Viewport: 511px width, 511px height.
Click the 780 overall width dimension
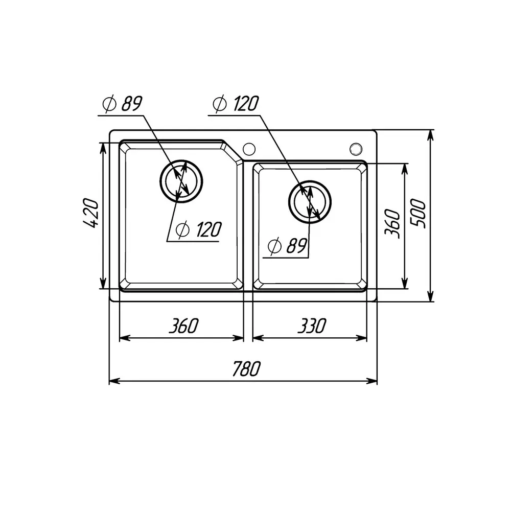point(247,368)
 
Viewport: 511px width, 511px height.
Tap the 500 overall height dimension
point(418,214)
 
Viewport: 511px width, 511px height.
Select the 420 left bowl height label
point(90,213)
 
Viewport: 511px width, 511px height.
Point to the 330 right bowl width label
point(312,326)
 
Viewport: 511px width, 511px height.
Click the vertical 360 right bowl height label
point(392,224)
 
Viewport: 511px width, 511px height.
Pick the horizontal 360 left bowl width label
point(183,326)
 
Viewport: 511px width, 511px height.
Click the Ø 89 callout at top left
point(123,104)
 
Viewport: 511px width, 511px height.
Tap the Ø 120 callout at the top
point(236,104)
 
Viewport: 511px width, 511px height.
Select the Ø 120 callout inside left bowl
point(199,229)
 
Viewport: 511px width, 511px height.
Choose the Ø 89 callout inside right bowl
point(287,246)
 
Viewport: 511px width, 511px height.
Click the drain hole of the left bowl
point(181,181)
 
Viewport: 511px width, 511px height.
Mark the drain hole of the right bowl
point(310,202)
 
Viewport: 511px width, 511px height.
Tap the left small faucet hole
point(249,149)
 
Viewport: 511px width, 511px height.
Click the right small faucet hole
point(356,149)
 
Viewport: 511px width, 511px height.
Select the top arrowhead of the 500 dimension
point(430,135)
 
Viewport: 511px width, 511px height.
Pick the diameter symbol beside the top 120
point(220,104)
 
